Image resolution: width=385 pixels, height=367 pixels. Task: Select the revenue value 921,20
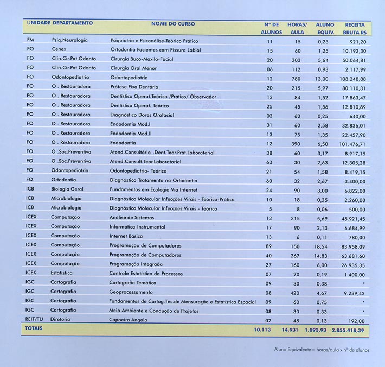358,41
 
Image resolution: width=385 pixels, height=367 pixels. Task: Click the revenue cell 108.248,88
352,78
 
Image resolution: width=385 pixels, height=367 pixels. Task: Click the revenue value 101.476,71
352,143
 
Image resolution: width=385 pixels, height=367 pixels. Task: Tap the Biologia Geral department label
68,189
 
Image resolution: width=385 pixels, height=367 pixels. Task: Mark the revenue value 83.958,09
354,246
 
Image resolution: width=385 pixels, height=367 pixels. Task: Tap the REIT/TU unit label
34,320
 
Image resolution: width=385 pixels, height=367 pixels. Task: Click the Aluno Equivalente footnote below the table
322,349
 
